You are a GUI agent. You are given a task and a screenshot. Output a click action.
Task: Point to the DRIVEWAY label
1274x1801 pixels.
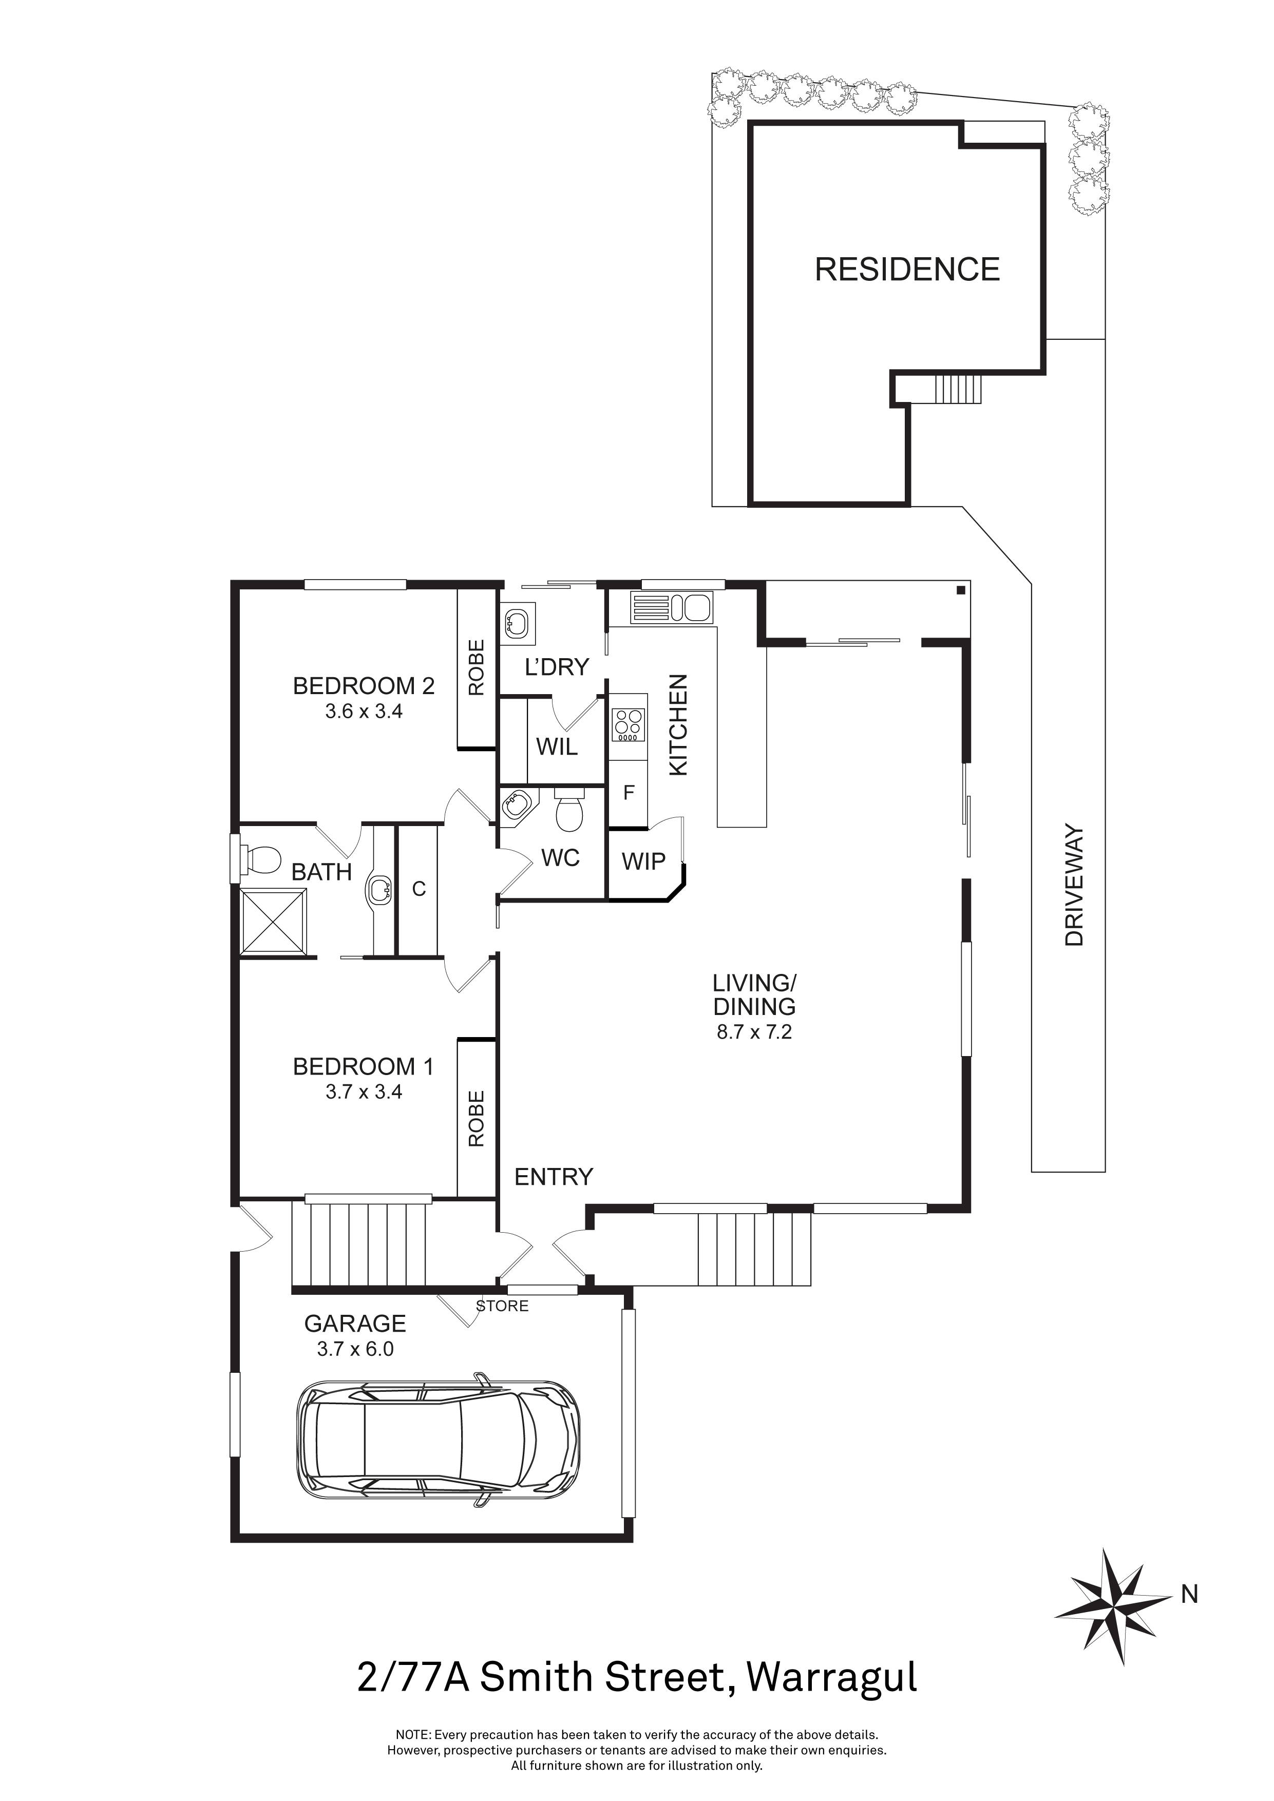click(1074, 885)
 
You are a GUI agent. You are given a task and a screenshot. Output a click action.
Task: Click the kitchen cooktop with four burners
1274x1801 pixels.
click(628, 725)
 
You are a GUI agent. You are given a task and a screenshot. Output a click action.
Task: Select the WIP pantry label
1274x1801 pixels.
click(643, 861)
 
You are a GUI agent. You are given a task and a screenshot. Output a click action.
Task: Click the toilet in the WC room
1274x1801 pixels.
click(569, 812)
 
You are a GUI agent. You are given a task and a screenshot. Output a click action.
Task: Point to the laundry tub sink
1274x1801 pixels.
click(517, 623)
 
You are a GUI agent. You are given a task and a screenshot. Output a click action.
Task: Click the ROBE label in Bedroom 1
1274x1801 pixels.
click(476, 1119)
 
